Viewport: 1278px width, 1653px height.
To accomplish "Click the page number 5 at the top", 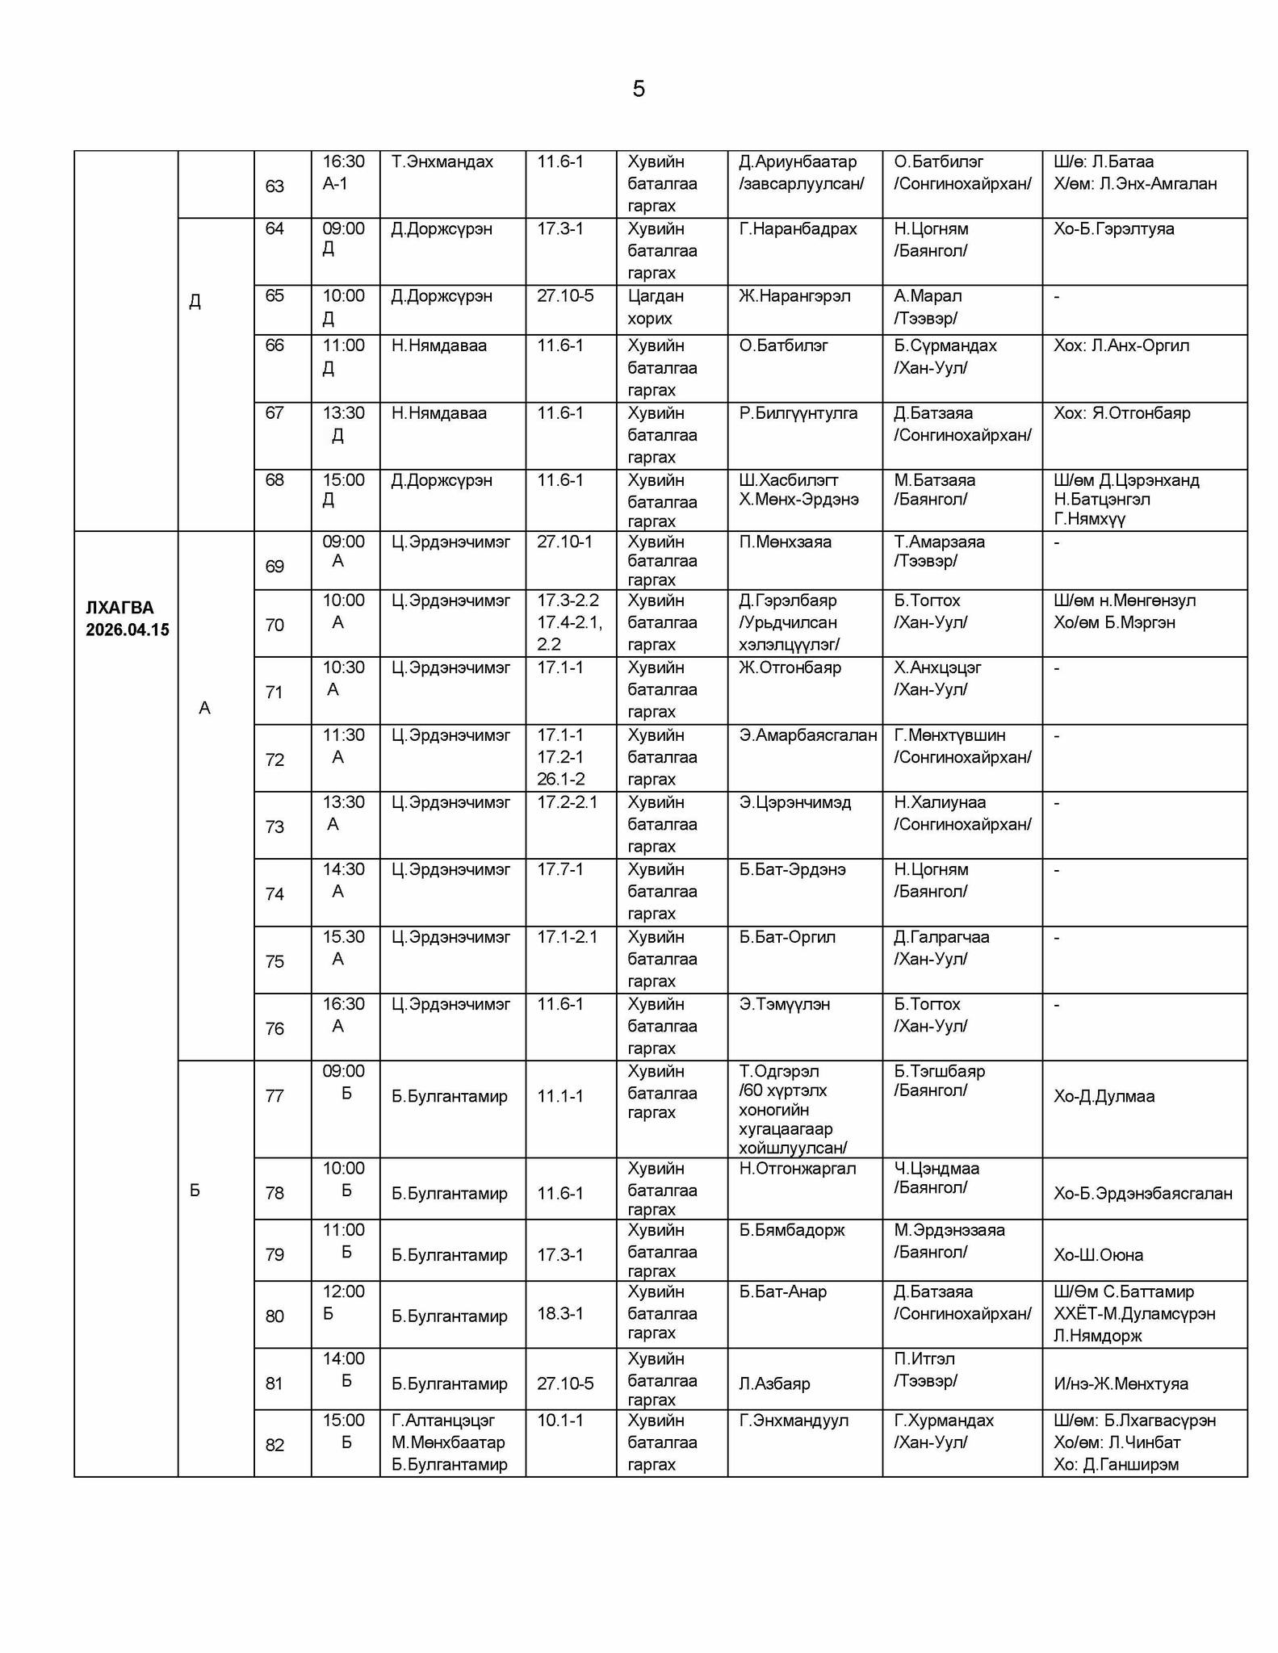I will click(639, 89).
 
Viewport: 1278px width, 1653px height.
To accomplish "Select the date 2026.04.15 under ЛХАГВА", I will click(128, 630).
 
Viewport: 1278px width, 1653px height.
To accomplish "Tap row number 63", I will click(274, 186).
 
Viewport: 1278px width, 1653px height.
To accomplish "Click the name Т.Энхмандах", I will click(442, 162).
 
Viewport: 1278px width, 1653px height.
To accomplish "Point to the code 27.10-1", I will click(564, 542).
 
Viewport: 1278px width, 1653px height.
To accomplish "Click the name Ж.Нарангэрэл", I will click(794, 296).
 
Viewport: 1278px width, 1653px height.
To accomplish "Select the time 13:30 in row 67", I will click(343, 413).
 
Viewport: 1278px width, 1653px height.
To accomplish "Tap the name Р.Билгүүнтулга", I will click(798, 413).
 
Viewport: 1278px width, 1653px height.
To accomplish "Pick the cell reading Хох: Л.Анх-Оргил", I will click(1121, 345).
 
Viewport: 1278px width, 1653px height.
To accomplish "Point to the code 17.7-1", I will click(559, 869).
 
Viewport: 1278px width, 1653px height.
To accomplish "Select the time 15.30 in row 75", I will click(343, 937).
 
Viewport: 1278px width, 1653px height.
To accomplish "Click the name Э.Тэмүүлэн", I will click(784, 1004).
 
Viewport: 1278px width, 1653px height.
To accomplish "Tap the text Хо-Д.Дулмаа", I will click(1104, 1096).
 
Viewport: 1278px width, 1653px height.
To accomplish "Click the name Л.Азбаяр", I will click(774, 1383).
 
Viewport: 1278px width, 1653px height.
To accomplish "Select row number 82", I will click(274, 1445).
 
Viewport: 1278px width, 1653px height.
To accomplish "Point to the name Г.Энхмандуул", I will click(794, 1421).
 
